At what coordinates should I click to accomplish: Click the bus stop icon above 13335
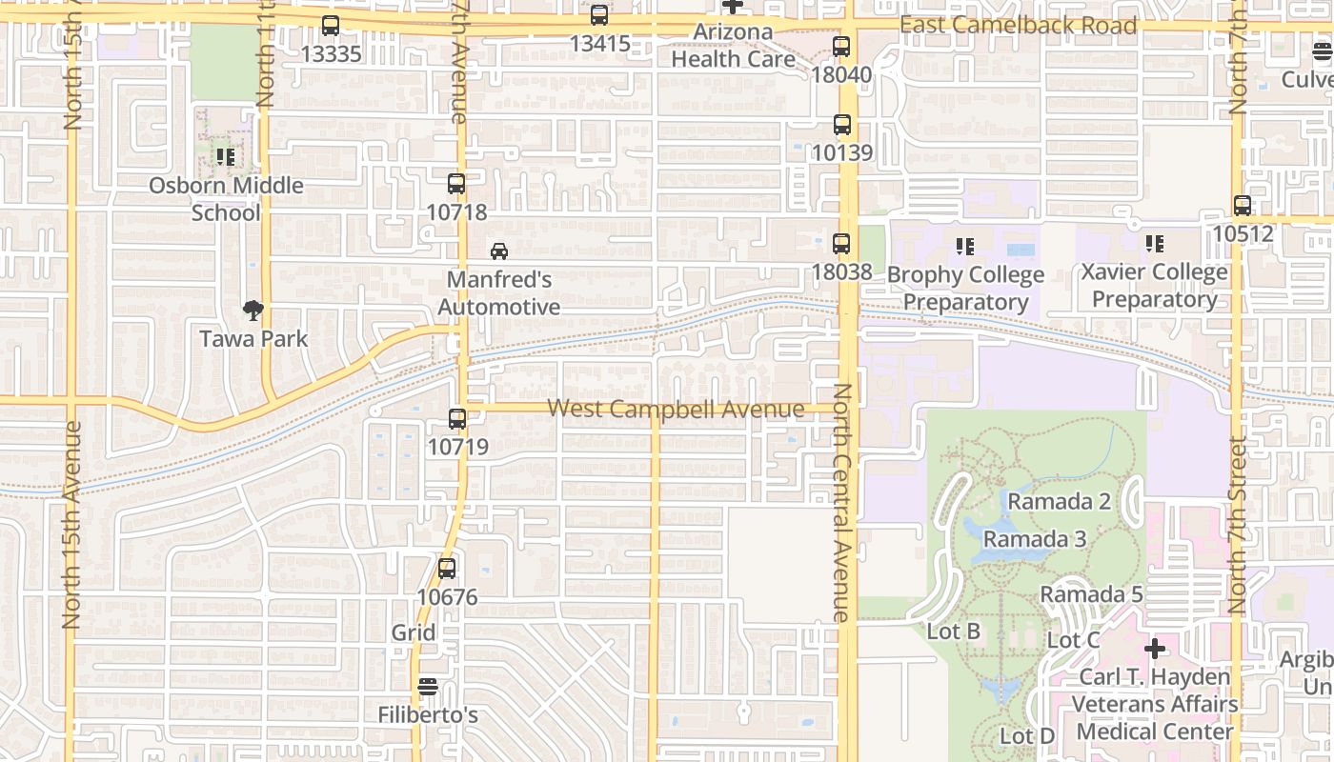click(331, 26)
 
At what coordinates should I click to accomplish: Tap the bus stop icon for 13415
click(599, 15)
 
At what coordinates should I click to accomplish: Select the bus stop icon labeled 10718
click(456, 184)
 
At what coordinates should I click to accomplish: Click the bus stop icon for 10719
click(457, 418)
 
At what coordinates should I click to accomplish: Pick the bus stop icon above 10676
click(447, 569)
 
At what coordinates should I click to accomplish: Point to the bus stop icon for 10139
click(842, 124)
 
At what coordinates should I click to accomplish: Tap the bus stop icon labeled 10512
click(1243, 205)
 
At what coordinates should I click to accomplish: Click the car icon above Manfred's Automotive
click(499, 251)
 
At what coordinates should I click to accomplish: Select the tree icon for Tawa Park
click(253, 310)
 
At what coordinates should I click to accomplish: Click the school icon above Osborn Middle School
click(225, 156)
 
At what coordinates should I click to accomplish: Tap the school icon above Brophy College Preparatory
click(965, 247)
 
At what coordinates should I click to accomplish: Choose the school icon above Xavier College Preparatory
click(1155, 244)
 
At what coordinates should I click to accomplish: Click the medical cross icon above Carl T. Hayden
click(1155, 650)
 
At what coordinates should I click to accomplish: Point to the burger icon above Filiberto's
click(428, 686)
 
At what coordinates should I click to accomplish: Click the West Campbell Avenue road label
click(676, 409)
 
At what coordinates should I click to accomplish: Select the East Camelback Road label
click(1018, 26)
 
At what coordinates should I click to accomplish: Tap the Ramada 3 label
click(1035, 539)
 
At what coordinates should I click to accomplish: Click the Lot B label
click(954, 632)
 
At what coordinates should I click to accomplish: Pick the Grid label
click(414, 632)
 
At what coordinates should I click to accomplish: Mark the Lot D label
click(1027, 736)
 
